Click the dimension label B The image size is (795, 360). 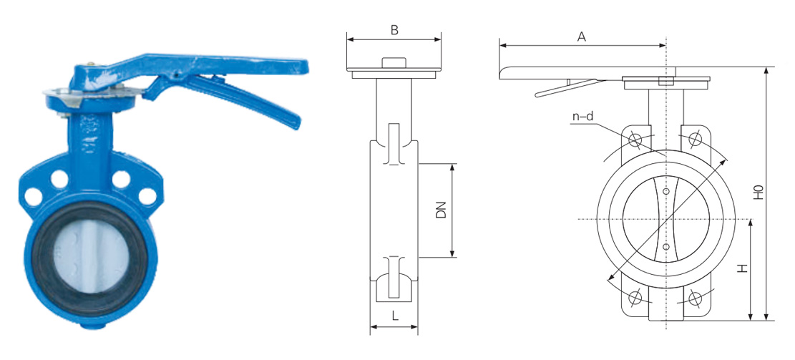click(394, 30)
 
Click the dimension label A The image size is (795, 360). click(582, 37)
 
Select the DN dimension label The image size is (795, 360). click(441, 210)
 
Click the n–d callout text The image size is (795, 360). click(583, 117)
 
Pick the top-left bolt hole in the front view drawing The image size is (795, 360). click(635, 139)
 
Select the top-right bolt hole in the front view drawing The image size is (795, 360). click(695, 137)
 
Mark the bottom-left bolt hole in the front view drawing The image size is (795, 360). click(635, 297)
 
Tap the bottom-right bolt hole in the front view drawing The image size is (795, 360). click(695, 297)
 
